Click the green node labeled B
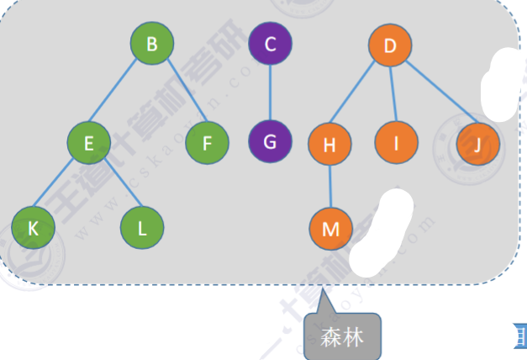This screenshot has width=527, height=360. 152,44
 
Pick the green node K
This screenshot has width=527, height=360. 33,226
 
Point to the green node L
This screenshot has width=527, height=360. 141,226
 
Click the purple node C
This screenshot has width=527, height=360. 270,44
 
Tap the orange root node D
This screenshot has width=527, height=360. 390,45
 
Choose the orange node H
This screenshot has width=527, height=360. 329,145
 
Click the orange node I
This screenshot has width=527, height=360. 396,143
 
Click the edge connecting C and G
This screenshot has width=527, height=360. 270,93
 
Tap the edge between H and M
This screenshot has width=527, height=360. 329,187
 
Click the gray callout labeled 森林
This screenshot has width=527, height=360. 342,337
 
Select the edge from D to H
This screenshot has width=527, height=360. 359,96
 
